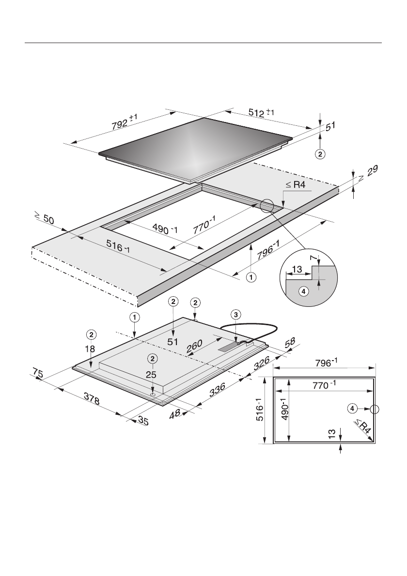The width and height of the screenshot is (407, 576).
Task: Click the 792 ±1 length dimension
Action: [x=125, y=121]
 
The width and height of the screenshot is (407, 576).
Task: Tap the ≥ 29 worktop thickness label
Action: [x=368, y=173]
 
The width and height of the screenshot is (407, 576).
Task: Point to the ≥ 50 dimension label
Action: [x=44, y=219]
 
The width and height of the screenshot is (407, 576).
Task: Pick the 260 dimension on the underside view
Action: [x=194, y=347]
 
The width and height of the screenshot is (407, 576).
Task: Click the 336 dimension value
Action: [x=217, y=389]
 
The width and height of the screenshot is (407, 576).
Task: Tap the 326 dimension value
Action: [x=262, y=363]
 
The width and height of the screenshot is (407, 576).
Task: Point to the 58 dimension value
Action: [x=290, y=342]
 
